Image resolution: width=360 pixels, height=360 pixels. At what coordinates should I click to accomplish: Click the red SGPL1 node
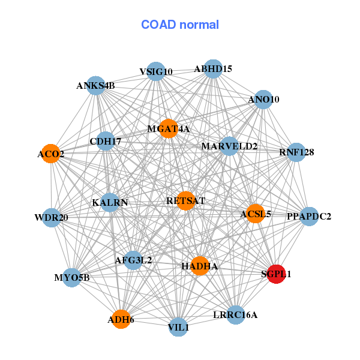tap(275, 274)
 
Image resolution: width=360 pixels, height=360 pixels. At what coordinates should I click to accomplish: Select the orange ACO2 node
tap(52, 154)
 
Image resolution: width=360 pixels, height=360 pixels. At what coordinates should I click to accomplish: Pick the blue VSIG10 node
tap(155, 71)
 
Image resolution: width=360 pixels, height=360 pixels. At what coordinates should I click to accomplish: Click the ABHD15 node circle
tap(212, 69)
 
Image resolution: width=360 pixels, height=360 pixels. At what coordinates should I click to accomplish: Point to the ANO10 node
tap(263, 99)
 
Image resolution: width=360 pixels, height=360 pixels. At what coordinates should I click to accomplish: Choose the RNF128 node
tap(296, 152)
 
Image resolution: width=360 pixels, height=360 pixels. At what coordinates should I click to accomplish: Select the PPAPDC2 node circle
tap(308, 216)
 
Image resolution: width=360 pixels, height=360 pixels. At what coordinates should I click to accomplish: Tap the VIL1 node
tap(178, 327)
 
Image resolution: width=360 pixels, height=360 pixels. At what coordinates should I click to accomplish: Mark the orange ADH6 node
tap(121, 319)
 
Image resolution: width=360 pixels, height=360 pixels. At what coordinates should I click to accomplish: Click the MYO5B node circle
tap(72, 277)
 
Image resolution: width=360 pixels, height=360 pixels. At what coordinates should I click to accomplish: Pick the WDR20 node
tap(51, 217)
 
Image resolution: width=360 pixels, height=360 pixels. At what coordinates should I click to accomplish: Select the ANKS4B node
tap(95, 86)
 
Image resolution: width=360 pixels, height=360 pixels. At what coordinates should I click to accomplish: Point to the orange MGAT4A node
tap(169, 128)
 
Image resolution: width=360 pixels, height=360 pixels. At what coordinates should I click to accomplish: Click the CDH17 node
tap(106, 142)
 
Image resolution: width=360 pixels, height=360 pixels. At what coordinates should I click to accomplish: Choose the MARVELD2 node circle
tap(229, 146)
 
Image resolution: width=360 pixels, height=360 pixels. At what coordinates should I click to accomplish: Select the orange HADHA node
tap(200, 266)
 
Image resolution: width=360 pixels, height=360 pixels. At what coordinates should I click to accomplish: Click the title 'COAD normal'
tap(180, 25)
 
